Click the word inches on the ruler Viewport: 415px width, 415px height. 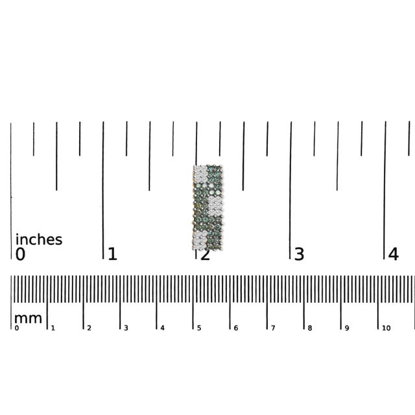coord(39,239)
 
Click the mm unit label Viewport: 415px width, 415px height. coord(28,318)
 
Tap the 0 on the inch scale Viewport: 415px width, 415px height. coord(20,254)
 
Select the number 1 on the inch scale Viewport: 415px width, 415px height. coord(112,254)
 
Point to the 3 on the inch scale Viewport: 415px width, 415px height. coord(299,254)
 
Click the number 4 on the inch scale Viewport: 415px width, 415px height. coord(394,254)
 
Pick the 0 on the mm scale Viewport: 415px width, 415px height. coord(17,328)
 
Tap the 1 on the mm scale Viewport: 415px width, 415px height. coord(53,328)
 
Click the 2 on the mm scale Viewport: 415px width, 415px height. coord(89,328)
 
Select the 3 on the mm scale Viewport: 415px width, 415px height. coord(126,328)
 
